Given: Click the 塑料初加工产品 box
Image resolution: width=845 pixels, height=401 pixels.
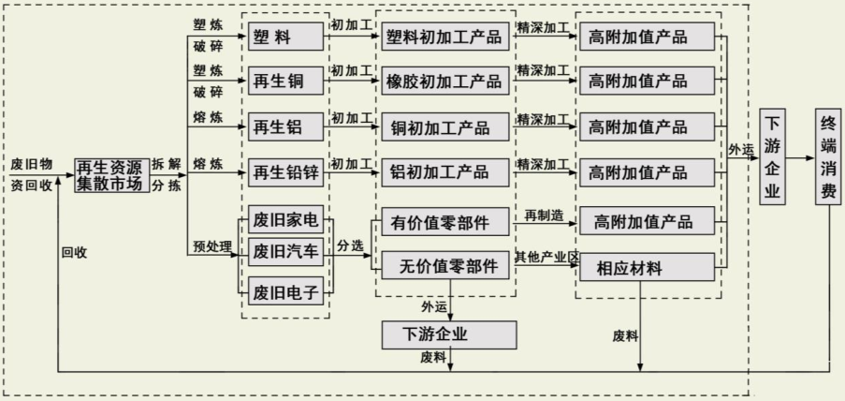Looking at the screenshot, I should point(446,37).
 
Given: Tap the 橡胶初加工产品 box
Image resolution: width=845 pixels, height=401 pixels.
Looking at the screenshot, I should point(446,82).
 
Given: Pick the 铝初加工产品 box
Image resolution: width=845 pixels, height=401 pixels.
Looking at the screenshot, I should point(446,172).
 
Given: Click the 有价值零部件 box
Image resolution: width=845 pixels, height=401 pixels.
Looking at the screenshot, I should point(446,222).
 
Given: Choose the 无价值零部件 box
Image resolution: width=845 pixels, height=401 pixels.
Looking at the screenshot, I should point(446,267).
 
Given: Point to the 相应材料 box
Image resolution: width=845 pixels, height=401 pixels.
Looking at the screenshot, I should point(647,268).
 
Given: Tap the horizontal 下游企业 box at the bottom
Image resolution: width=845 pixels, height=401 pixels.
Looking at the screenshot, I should point(449,334).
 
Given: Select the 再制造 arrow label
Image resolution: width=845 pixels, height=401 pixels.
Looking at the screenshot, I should point(544,216).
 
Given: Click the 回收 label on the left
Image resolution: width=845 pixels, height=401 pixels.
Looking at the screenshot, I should point(74,251).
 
